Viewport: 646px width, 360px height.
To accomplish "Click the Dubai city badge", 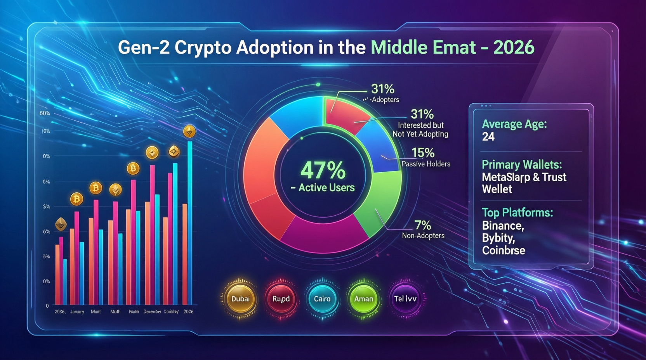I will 240,299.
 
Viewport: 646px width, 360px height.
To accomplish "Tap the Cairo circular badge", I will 322,299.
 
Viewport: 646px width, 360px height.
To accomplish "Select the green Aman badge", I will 363,299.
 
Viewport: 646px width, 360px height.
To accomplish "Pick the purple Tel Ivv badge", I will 405,299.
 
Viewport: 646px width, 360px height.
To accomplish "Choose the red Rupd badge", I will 281,299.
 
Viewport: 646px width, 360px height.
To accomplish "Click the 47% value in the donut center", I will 323,170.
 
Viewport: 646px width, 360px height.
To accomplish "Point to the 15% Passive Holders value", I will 423,153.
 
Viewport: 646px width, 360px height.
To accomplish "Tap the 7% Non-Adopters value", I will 423,225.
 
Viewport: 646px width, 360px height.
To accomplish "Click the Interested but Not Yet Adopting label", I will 420,130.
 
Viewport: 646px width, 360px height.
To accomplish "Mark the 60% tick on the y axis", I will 45,113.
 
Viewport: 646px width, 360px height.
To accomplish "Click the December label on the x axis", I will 152,312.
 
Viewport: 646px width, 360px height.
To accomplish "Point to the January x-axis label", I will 77,312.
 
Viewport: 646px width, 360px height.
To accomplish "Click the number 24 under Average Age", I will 488,137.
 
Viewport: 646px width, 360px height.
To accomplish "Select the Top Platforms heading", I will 517,213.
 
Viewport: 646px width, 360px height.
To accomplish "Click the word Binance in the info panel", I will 503,226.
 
